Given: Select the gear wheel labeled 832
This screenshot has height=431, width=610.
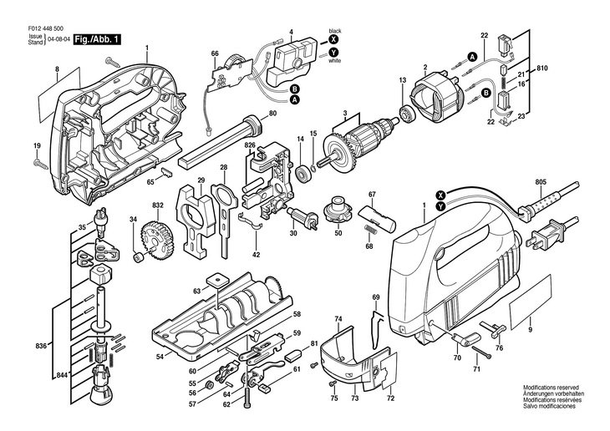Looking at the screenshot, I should (156, 239).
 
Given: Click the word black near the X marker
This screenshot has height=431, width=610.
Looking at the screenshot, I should (335, 28).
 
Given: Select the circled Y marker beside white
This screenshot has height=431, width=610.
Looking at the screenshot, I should (334, 52).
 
